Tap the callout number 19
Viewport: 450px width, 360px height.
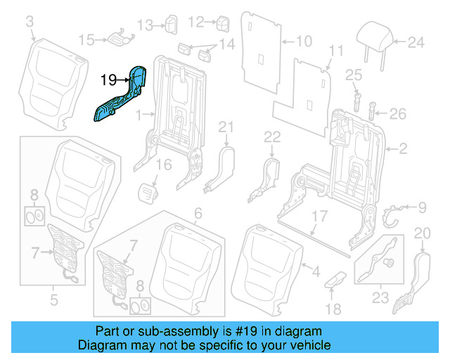(108, 81)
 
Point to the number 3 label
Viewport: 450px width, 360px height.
(29, 24)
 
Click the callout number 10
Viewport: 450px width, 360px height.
(303, 41)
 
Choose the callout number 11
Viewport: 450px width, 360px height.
(336, 51)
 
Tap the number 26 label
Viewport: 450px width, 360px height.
(398, 112)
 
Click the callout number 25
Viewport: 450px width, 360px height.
(353, 75)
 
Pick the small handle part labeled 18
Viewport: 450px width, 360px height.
(335, 278)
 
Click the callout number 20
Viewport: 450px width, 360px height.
(422, 233)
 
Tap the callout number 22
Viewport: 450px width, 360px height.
(272, 136)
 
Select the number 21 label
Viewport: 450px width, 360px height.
(224, 127)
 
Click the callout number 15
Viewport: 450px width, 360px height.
(85, 39)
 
